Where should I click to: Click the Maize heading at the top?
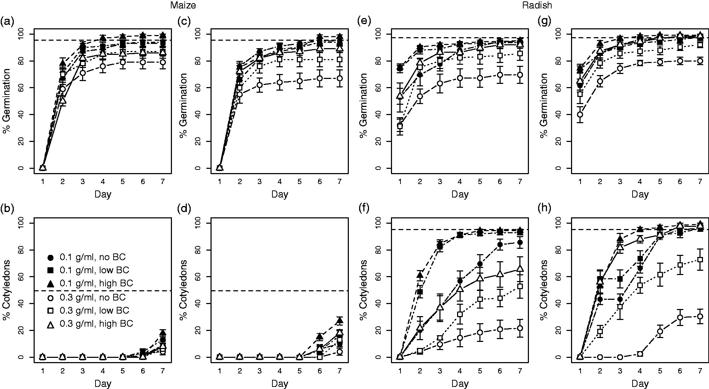tap(183, 5)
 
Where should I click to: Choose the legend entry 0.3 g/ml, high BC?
tap(90, 324)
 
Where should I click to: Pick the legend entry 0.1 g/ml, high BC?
tap(90, 284)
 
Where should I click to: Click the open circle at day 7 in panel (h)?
tap(700, 316)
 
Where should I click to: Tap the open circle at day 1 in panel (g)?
tap(580, 114)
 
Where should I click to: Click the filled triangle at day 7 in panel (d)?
tap(340, 321)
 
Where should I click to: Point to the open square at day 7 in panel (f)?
tap(520, 286)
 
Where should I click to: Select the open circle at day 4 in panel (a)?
tap(103, 66)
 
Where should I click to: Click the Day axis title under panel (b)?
tap(103, 383)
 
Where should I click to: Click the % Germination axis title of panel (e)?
tap(363, 101)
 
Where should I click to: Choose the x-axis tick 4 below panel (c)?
tap(279, 182)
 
